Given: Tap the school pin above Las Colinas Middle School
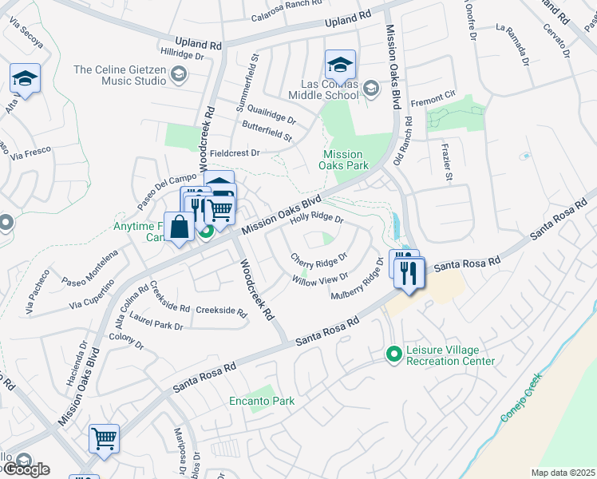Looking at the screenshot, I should [340, 65].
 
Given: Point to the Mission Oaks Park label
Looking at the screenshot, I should [342, 160].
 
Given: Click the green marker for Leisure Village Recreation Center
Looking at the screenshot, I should [393, 352].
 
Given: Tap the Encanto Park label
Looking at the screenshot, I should [262, 401].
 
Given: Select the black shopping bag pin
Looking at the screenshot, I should [180, 226].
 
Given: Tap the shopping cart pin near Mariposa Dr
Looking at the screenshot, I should [104, 438].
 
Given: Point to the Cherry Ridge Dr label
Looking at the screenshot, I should [318, 260].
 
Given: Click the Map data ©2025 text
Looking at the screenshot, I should [562, 473].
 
